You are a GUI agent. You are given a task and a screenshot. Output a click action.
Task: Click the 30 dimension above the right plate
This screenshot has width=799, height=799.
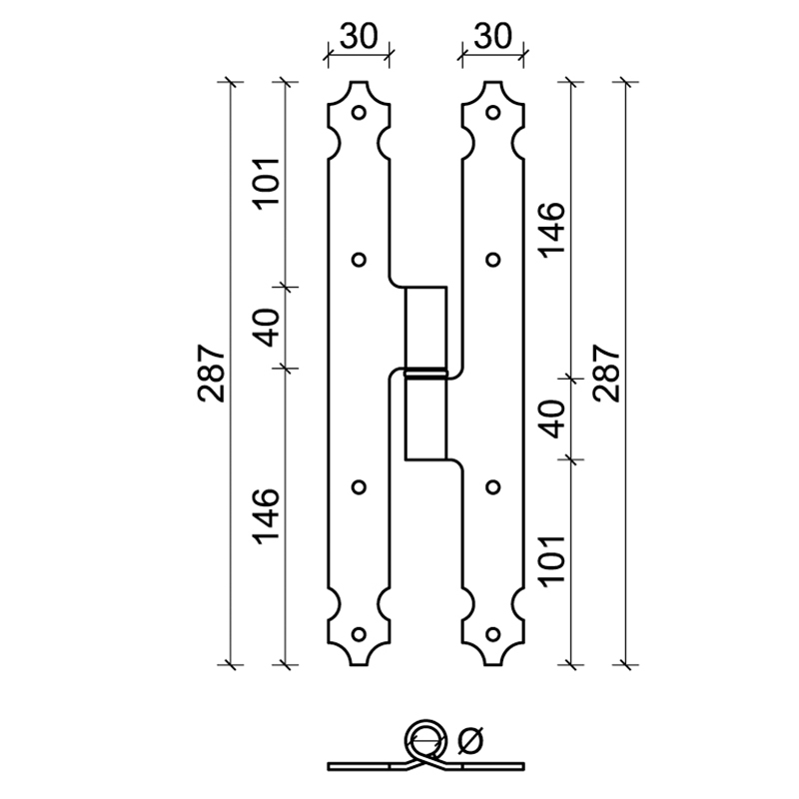pyautogui.click(x=492, y=37)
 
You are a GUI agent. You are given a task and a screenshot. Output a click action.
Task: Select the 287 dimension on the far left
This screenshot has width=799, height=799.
pyautogui.click(x=212, y=373)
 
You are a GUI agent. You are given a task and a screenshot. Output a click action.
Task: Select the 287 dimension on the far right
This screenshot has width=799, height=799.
pyautogui.click(x=607, y=373)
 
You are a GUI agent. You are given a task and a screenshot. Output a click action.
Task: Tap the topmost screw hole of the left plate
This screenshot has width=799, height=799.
pyautogui.click(x=359, y=112)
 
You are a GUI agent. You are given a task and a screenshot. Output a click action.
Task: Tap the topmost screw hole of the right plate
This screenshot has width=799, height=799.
pyautogui.click(x=491, y=112)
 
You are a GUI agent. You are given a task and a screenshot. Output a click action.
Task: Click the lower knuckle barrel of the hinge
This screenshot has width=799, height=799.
pyautogui.click(x=425, y=417)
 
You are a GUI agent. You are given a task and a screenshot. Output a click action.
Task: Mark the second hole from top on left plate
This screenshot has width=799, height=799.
pyautogui.click(x=359, y=260)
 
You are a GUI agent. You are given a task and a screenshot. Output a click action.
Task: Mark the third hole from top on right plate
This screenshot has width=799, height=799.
pyautogui.click(x=491, y=486)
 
